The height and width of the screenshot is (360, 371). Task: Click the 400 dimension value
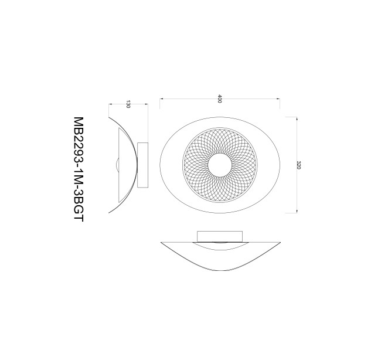pos(220,99)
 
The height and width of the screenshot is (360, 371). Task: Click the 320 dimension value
pos(298,165)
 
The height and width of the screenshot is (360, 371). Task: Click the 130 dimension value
pos(128,104)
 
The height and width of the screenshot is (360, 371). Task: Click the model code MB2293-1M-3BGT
pos(79,169)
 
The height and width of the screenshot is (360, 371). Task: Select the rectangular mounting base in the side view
pos(142,165)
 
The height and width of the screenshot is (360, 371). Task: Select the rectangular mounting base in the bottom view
pos(220,236)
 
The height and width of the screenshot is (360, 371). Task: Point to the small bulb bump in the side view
pos(117,165)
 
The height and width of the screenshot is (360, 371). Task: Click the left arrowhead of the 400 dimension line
pos(161,99)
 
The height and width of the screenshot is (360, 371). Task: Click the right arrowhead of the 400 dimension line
pos(279,99)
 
